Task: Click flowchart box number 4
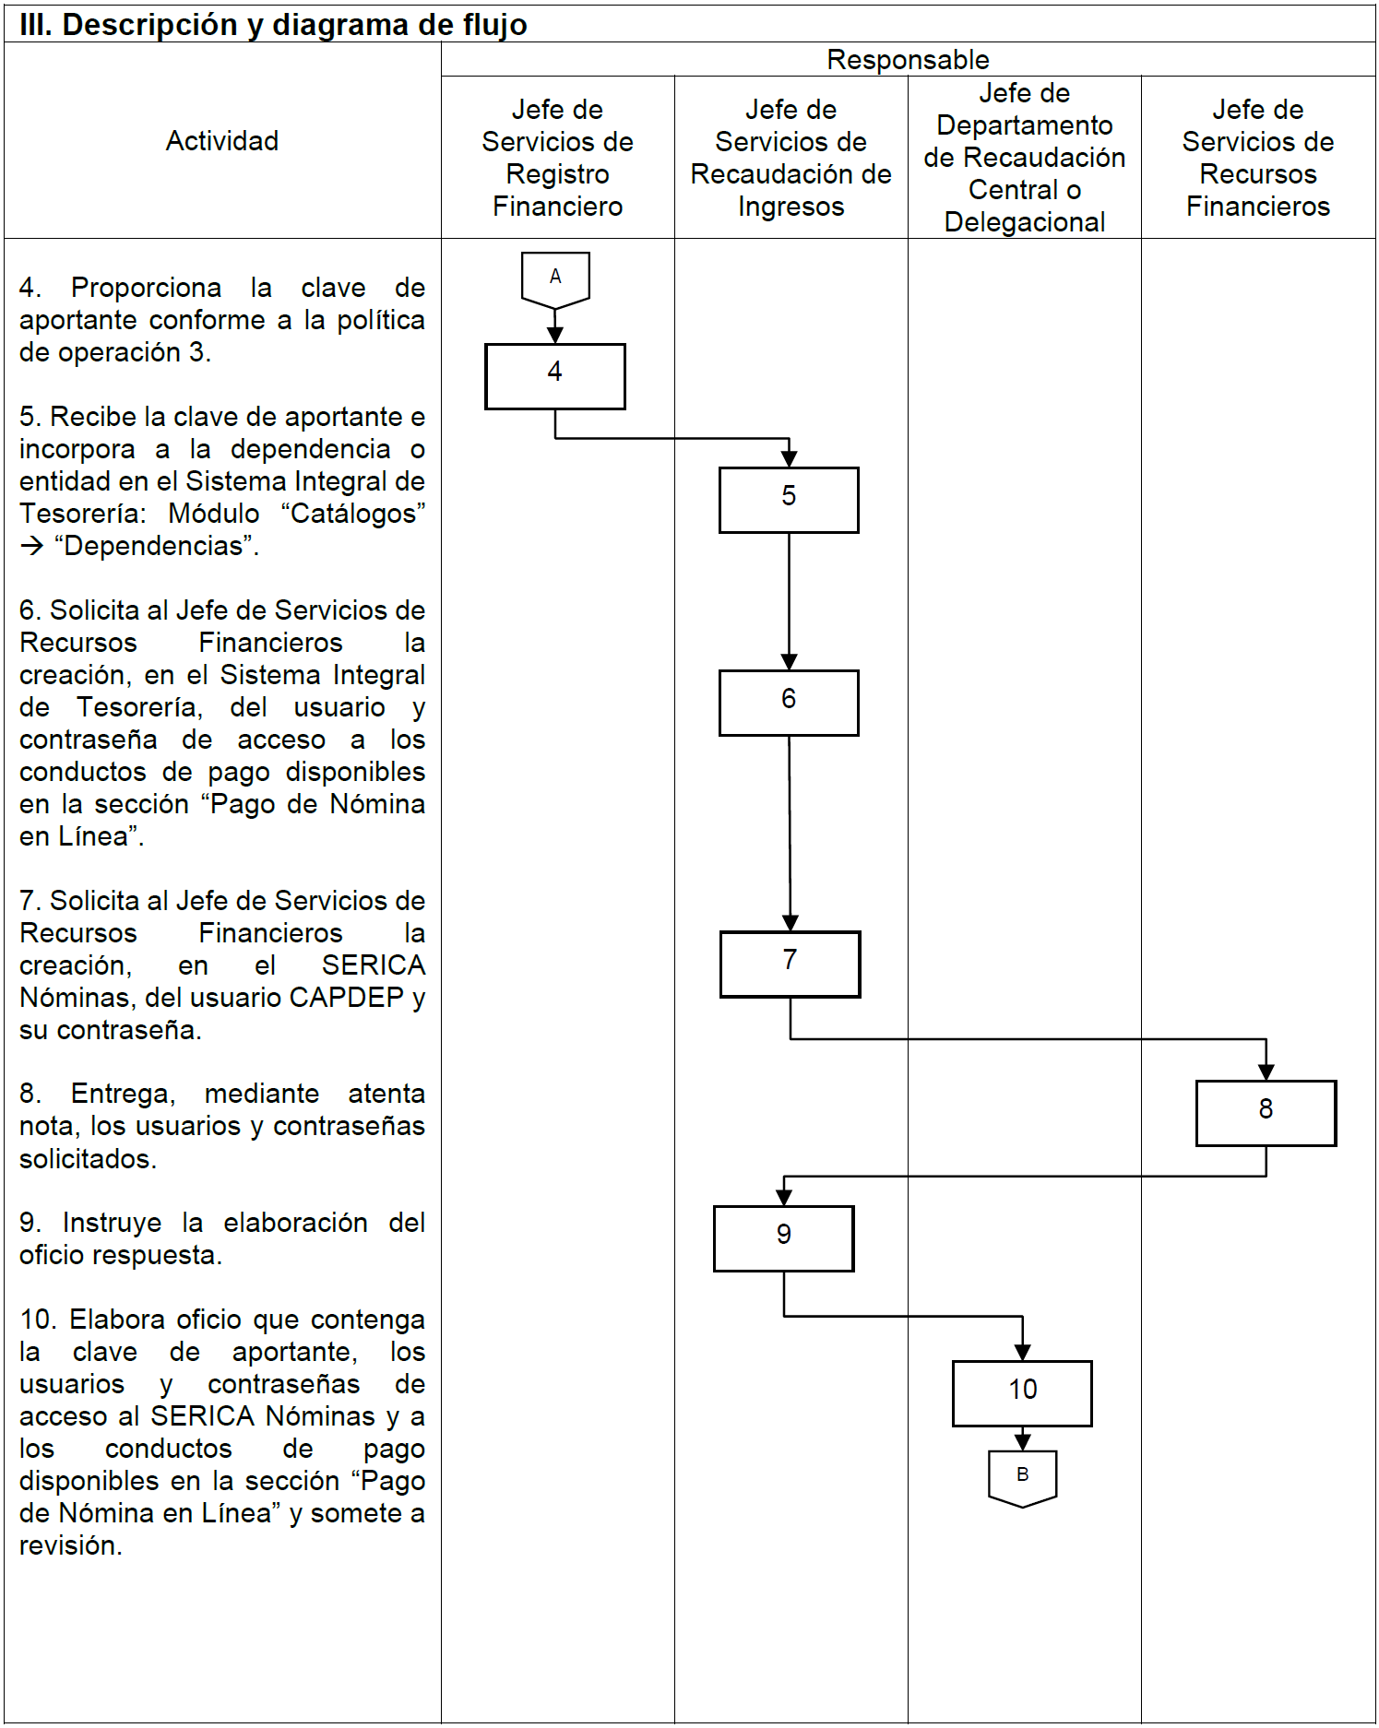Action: pos(554,376)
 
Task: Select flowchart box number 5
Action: pos(789,500)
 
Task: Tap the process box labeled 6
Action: pos(789,703)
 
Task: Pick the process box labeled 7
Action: pos(790,964)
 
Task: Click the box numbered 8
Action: pos(1266,1113)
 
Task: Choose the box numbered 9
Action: pos(783,1238)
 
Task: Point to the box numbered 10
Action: pos(1022,1393)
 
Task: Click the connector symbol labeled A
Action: pos(555,278)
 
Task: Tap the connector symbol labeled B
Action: pos(1022,1476)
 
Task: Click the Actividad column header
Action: pos(222,141)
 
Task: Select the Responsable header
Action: pos(908,60)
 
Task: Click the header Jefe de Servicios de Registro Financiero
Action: pos(557,158)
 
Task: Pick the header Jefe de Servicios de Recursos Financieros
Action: pos(1257,158)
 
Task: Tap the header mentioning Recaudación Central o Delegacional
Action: pos(1024,158)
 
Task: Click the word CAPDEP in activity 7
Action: pos(346,998)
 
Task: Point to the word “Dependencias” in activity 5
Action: pos(153,546)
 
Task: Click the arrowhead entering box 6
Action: pos(789,662)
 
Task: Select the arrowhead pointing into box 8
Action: pos(1266,1071)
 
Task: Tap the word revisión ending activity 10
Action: pos(70,1545)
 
